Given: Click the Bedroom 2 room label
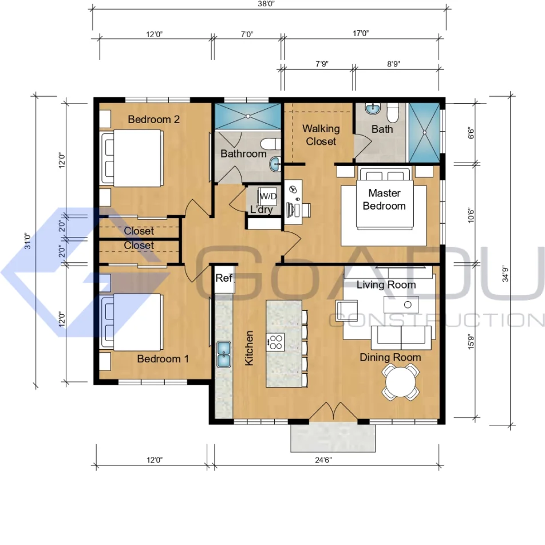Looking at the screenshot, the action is pos(153,119).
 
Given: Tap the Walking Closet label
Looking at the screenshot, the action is pos(321,135).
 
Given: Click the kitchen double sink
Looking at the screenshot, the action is pos(223,354).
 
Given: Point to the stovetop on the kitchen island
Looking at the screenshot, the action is pos(276,342).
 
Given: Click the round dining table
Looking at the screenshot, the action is pos(400,382).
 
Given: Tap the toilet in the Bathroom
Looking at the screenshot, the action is pos(271,144).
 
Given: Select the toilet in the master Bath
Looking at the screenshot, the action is pos(393,113).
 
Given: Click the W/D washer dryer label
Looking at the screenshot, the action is pos(268,196).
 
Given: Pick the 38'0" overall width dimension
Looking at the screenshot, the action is pos(267,4).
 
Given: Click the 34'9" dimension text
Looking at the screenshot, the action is pos(505,274).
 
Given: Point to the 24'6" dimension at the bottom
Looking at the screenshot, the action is pos(323,460).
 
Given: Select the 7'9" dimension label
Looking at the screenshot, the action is pos(322,64).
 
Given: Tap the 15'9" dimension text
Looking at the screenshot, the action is pos(471,341).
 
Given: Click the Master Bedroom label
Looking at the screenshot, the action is pos(384,199).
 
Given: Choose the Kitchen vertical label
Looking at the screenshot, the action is pos(249,348).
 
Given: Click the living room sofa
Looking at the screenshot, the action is pos(401,338).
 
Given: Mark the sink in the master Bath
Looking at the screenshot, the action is pos(373,109).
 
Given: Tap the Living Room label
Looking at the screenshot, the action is pos(386,285).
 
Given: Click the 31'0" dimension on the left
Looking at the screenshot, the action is pos(27,241).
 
